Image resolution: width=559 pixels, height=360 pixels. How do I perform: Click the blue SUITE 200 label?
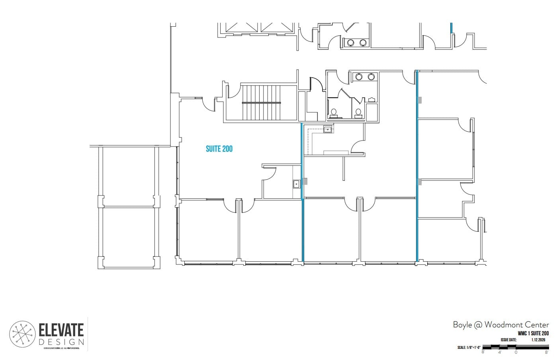(219, 149)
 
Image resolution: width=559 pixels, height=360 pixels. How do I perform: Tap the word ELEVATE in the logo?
(61, 330)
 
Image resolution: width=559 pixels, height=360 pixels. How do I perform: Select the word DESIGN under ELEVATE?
(61, 342)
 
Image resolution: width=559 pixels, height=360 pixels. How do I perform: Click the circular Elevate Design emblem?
(23, 334)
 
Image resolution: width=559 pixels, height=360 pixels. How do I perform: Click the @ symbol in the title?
(477, 325)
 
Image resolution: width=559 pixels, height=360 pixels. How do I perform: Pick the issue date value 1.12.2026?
(538, 340)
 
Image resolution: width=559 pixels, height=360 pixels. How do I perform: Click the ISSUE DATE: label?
(508, 340)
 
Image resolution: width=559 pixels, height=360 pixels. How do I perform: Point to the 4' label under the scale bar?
(499, 352)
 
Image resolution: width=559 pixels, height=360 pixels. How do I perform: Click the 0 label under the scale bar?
(516, 352)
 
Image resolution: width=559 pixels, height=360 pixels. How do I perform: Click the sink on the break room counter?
(328, 129)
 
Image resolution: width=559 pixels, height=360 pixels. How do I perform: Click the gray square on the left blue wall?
(305, 181)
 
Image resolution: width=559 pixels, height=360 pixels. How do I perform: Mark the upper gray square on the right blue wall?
(420, 100)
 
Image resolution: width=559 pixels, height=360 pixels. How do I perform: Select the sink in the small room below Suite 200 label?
(296, 184)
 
